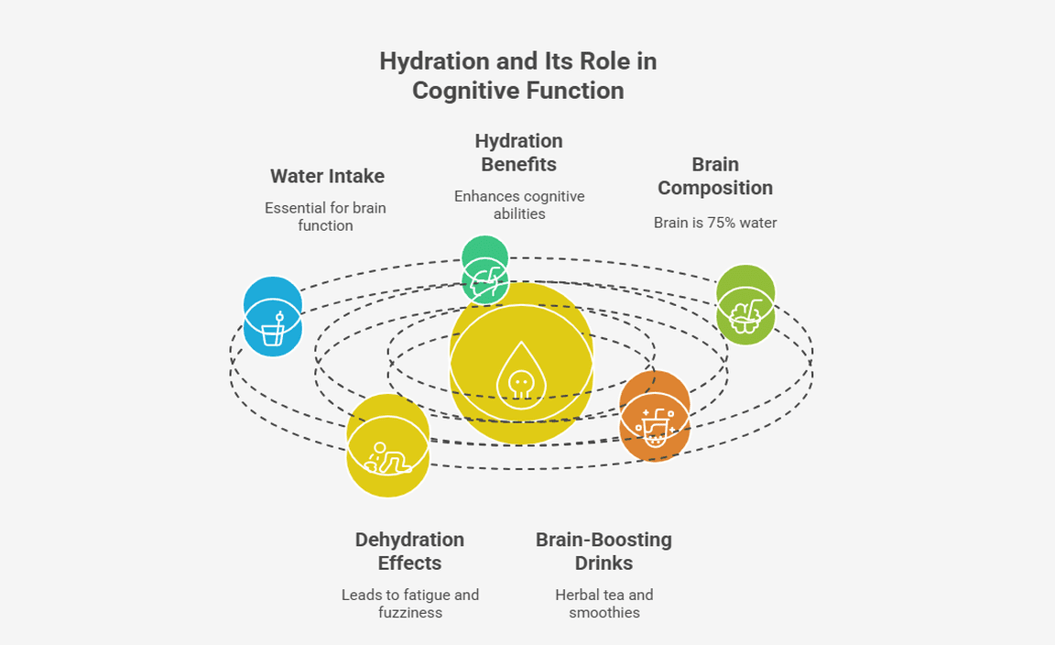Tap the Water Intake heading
click(327, 176)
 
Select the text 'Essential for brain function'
click(325, 216)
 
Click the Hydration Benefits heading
click(518, 153)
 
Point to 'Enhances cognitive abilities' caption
click(518, 204)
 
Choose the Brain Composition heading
click(714, 176)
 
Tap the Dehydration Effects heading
click(409, 551)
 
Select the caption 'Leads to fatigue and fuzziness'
click(409, 603)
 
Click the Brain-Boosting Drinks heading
click(604, 551)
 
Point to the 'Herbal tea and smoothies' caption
click(604, 603)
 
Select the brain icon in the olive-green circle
click(745, 312)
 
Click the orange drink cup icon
click(654, 426)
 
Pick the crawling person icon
click(388, 456)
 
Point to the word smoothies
click(604, 612)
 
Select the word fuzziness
click(409, 612)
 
